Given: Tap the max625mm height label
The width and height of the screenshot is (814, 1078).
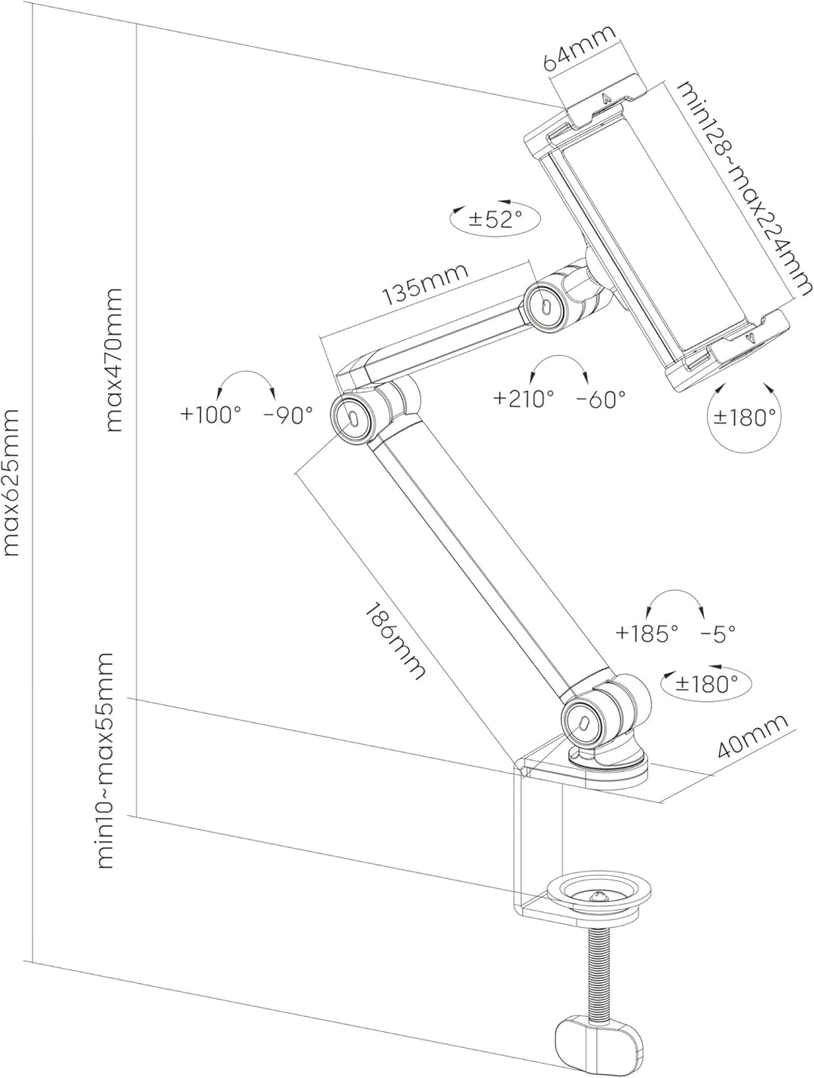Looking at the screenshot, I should (x=12, y=482).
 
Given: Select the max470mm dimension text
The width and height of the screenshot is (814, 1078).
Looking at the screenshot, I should (x=114, y=360).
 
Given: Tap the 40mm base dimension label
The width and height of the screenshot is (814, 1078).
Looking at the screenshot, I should (x=752, y=737).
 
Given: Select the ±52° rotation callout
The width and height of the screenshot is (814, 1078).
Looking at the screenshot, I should (x=495, y=219).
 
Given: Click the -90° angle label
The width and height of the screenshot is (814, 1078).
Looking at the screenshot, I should (x=288, y=414).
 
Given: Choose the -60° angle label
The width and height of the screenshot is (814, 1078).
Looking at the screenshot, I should (x=601, y=398).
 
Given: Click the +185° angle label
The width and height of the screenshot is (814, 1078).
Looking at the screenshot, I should (x=647, y=633).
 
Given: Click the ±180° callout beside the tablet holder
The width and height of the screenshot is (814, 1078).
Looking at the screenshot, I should (x=743, y=417).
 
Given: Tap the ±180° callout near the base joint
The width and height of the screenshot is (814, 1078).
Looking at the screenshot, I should (x=705, y=683).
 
